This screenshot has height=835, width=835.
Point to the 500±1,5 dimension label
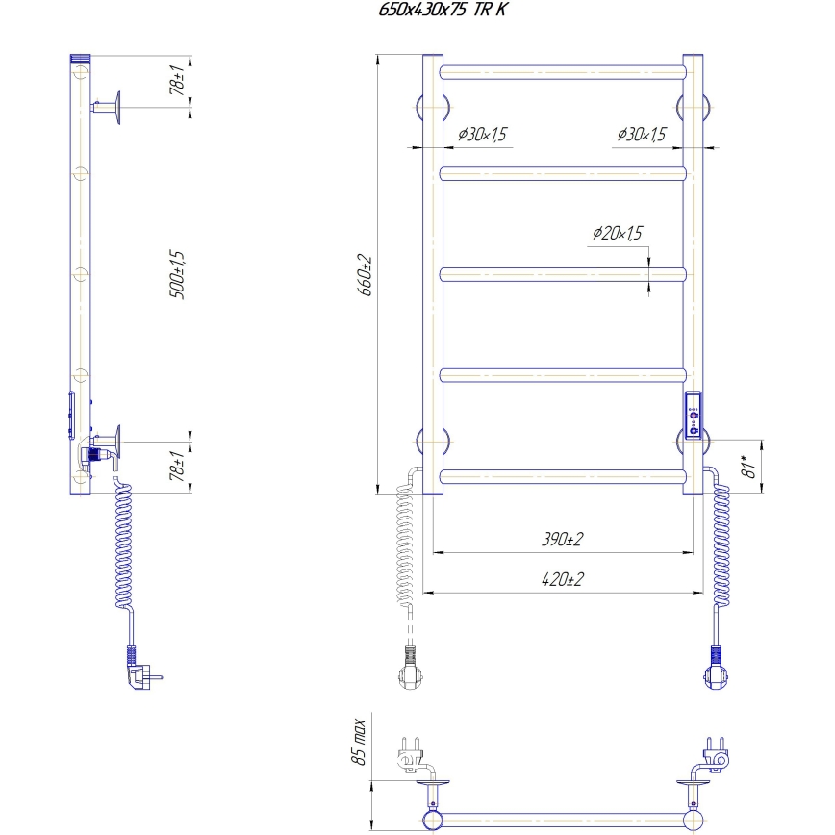click(176, 273)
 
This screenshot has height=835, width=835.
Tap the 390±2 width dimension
click(563, 540)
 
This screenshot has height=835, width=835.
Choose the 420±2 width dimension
click(563, 579)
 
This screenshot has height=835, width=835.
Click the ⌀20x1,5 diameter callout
click(617, 233)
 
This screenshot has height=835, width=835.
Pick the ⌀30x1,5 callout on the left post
click(482, 135)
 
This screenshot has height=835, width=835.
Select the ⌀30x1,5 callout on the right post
click(642, 135)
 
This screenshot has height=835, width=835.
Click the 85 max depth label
click(359, 742)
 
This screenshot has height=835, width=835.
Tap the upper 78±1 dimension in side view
click(176, 82)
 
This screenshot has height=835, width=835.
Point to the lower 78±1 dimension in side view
click(176, 468)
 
